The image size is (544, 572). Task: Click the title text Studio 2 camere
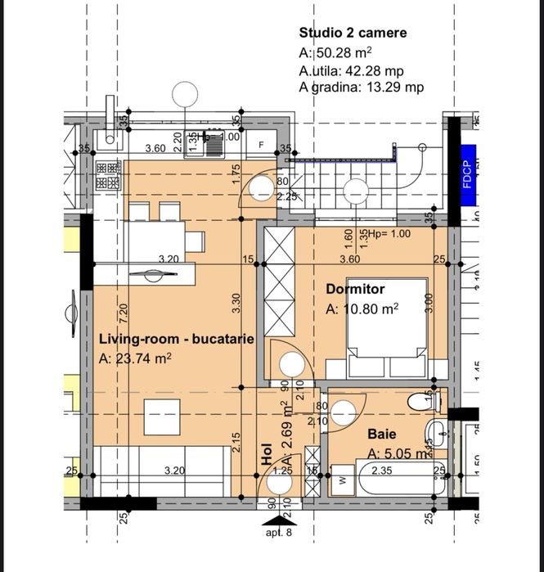353,34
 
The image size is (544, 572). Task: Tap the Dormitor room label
355,289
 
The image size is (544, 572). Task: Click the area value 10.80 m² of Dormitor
362,309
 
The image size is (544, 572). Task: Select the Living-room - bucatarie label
176,338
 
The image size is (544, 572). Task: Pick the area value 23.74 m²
135,358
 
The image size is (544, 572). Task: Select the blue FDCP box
467,175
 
